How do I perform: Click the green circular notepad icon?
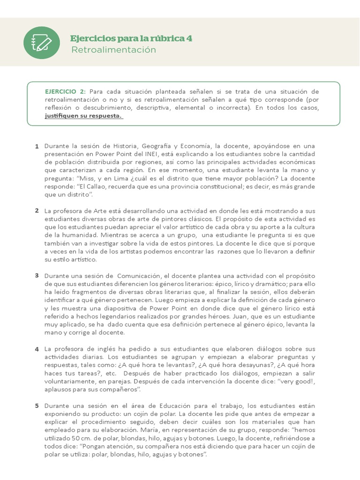tap(42, 43)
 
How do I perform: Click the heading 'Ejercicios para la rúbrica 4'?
tap(131, 38)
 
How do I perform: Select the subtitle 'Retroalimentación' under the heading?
tap(113, 50)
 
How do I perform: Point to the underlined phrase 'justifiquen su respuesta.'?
tap(83, 116)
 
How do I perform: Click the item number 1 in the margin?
tap(37, 147)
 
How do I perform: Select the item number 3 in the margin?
tap(37, 275)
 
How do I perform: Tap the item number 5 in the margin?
tap(37, 405)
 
